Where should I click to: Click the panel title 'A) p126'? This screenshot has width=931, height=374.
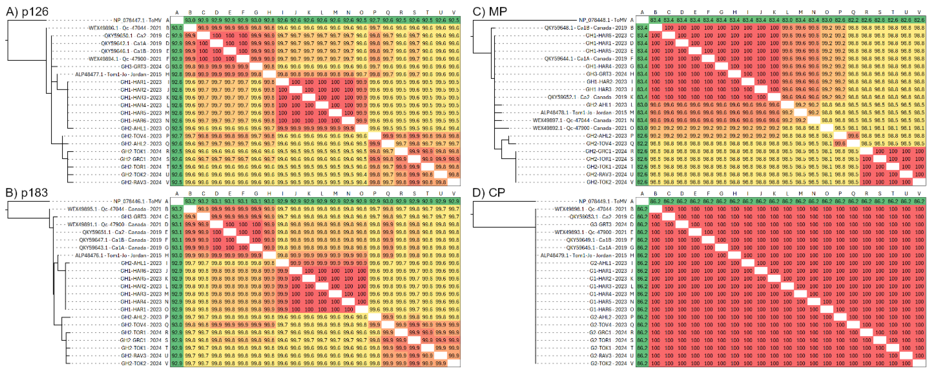click(x=27, y=12)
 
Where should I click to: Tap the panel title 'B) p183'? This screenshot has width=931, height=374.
click(x=27, y=193)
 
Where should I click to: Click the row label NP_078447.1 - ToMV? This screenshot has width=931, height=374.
click(x=137, y=20)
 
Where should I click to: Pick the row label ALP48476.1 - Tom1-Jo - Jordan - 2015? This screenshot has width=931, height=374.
click(x=118, y=255)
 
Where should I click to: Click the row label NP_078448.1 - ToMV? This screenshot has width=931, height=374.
click(x=603, y=20)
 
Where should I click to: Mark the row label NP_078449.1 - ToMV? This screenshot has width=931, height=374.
click(x=603, y=201)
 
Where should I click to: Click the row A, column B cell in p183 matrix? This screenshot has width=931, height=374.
click(x=190, y=201)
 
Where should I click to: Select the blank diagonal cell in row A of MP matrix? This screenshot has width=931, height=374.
click(x=642, y=20)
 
